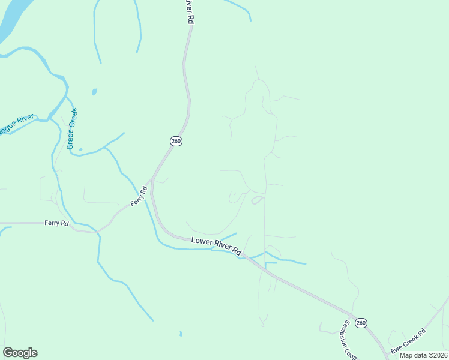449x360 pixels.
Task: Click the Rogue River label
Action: [x=16, y=125]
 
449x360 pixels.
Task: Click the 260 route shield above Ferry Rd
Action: [x=175, y=141]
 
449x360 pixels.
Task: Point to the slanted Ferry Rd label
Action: [x=139, y=197]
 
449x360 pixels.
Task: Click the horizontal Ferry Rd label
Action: [x=56, y=223]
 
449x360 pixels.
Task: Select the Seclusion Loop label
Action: [x=349, y=339]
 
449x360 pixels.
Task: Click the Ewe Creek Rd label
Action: [x=408, y=341]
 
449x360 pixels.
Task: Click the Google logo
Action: [x=20, y=353]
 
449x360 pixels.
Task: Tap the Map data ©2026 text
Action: [x=423, y=355]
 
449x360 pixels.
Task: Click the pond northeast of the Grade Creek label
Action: [x=94, y=92]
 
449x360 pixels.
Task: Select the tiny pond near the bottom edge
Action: [x=181, y=333]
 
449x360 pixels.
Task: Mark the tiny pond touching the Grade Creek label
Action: [x=80, y=149]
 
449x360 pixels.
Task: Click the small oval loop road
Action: [x=256, y=200]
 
